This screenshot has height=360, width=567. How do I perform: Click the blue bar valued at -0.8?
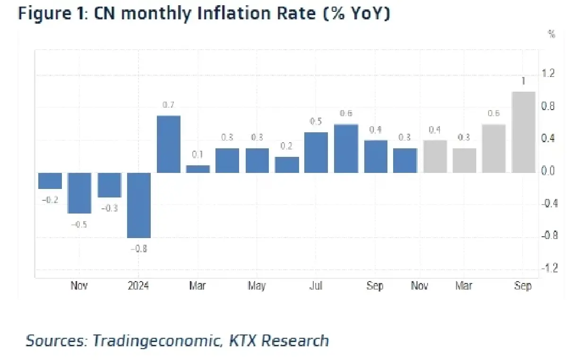[x=139, y=205]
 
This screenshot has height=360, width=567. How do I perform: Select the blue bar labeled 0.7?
[x=169, y=144]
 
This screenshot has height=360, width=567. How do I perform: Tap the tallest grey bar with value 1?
[x=524, y=132]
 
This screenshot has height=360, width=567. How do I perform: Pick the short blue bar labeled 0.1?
[x=198, y=169]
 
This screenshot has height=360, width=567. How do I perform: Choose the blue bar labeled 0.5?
[x=316, y=152]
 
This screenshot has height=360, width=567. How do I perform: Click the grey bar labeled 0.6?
[x=494, y=148]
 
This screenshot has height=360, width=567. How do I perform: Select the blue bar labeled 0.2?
[x=287, y=164]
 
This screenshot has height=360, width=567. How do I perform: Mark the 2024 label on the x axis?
[x=138, y=286]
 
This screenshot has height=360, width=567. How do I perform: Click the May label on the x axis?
[x=257, y=286]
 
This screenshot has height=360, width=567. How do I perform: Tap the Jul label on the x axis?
[x=316, y=286]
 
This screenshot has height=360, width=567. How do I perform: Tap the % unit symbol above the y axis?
[x=551, y=34]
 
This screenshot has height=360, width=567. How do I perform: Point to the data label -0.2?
[x=50, y=200]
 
